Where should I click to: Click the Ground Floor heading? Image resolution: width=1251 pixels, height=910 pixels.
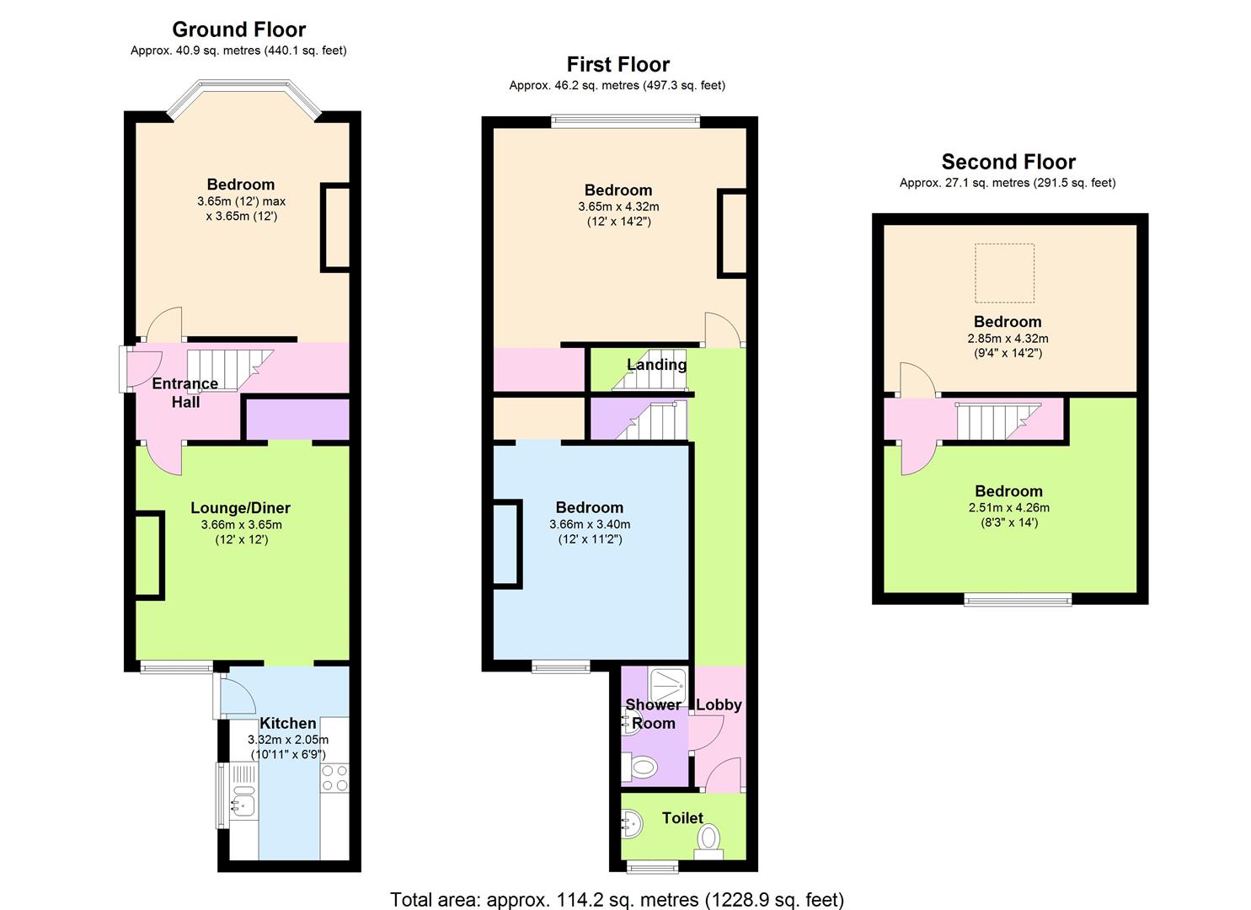point(238,29)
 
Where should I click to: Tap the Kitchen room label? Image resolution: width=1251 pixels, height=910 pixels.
point(288,723)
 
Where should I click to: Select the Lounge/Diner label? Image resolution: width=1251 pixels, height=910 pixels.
point(240,508)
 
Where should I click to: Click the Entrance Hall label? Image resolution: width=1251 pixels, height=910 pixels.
point(185,393)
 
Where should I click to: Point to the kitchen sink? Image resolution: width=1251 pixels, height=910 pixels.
point(243,801)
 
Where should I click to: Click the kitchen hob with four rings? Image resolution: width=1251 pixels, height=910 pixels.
point(334,777)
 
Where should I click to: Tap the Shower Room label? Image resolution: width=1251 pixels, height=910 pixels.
point(653,714)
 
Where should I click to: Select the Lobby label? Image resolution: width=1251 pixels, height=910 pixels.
point(719,704)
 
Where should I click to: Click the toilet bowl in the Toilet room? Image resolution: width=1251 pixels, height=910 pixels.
point(709,838)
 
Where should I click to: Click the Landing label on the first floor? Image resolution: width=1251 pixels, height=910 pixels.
point(656,365)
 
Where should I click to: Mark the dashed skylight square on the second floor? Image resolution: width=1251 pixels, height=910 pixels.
point(1004,272)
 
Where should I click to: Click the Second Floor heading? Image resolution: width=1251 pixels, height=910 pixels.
point(1008,162)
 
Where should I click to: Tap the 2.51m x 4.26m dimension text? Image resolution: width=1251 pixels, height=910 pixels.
point(1008,507)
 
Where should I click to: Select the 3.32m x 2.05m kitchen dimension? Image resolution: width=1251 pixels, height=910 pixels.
point(288,740)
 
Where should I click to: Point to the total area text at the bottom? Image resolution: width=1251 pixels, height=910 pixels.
point(617,899)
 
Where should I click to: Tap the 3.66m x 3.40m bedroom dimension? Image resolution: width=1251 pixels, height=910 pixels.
point(590,524)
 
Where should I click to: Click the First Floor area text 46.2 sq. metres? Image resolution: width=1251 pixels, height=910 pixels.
point(617,85)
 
